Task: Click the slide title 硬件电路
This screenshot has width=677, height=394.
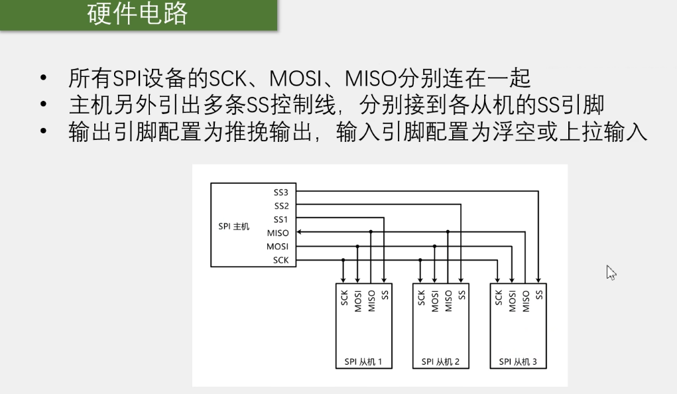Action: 138,13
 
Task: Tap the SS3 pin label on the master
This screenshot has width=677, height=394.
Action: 281,192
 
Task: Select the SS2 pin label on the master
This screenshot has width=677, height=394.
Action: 281,206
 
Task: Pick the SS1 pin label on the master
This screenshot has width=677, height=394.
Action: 281,220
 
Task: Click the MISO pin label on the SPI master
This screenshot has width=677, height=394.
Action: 278,233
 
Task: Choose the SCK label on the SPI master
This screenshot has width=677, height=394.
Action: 280,260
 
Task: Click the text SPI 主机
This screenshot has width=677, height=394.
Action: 233,226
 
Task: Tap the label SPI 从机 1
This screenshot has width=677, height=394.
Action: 363,362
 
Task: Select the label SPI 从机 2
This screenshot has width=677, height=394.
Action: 440,362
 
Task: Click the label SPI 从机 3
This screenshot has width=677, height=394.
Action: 518,362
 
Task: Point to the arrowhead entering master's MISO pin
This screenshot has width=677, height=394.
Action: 300,233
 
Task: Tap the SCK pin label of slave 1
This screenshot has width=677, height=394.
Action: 344,298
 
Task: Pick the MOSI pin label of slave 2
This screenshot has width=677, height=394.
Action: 435,300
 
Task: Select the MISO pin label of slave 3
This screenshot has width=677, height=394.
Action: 526,300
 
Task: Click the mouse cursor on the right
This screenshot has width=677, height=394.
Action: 611,272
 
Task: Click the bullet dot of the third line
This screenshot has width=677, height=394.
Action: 44,133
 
